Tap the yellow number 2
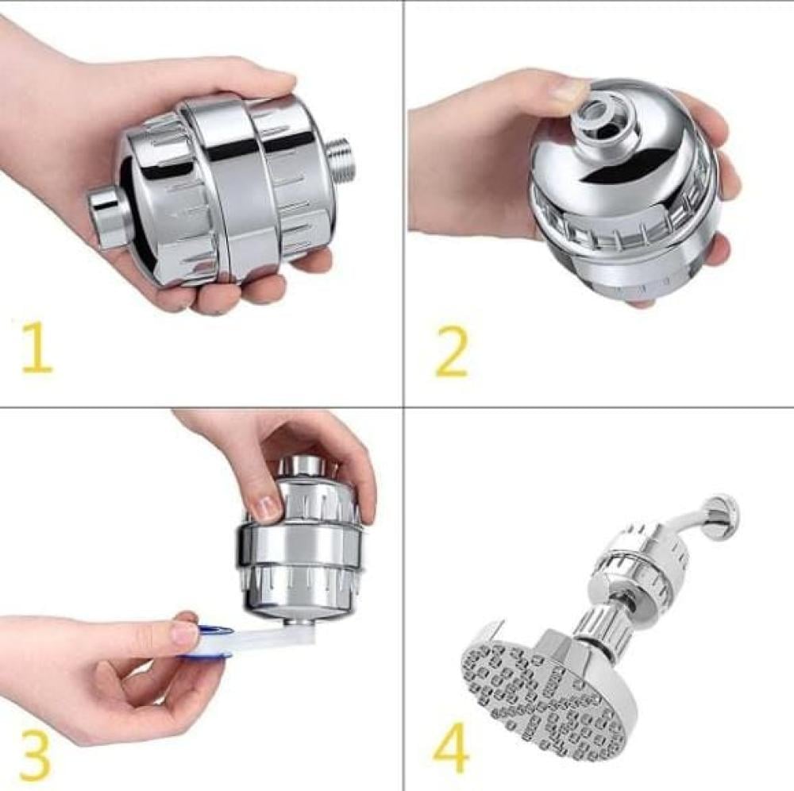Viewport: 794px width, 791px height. pyautogui.click(x=451, y=352)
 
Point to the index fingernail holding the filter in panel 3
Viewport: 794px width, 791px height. pyautogui.click(x=266, y=508)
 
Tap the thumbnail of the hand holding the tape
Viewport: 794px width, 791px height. pyautogui.click(x=184, y=631)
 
